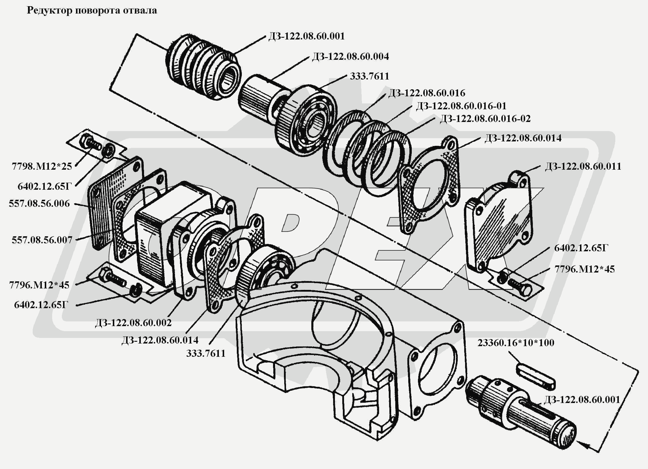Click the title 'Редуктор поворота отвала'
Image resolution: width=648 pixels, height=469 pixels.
tap(92, 11)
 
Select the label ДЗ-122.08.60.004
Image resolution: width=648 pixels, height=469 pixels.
tap(351, 56)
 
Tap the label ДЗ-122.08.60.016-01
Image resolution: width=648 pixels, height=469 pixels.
tap(461, 106)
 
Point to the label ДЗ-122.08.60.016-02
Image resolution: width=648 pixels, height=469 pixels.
tap(485, 119)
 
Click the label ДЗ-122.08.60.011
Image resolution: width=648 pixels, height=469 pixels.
tap(583, 166)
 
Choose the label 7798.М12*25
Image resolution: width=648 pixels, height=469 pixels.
tap(42, 166)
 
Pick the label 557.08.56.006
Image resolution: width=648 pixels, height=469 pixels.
tap(39, 204)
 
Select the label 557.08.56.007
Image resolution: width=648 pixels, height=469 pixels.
tap(42, 240)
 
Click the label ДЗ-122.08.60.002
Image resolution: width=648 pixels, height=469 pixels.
tap(133, 323)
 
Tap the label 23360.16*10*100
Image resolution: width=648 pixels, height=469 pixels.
tap(516, 343)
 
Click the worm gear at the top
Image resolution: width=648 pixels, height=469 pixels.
tap(203, 68)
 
